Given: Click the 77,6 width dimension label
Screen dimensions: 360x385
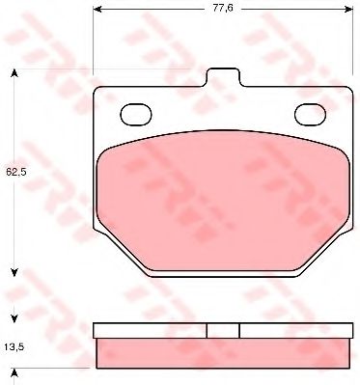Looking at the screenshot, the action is click(222, 9).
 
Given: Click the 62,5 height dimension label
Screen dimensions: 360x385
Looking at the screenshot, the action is click(15, 172).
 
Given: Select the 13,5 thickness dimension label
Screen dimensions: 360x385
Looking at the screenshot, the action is click(14, 347).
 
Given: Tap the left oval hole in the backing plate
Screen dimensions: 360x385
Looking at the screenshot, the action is click(136, 115).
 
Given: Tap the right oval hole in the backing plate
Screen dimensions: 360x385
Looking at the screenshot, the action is click(311, 115).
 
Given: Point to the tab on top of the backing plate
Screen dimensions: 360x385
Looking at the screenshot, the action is click(223, 77).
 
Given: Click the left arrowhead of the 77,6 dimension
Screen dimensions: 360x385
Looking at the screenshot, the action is click(97, 9).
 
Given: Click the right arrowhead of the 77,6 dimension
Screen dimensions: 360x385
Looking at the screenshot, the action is click(348, 9).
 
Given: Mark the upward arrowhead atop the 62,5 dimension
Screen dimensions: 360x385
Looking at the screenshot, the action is click(14, 73).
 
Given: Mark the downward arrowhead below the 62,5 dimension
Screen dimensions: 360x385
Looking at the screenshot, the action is click(14, 273).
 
